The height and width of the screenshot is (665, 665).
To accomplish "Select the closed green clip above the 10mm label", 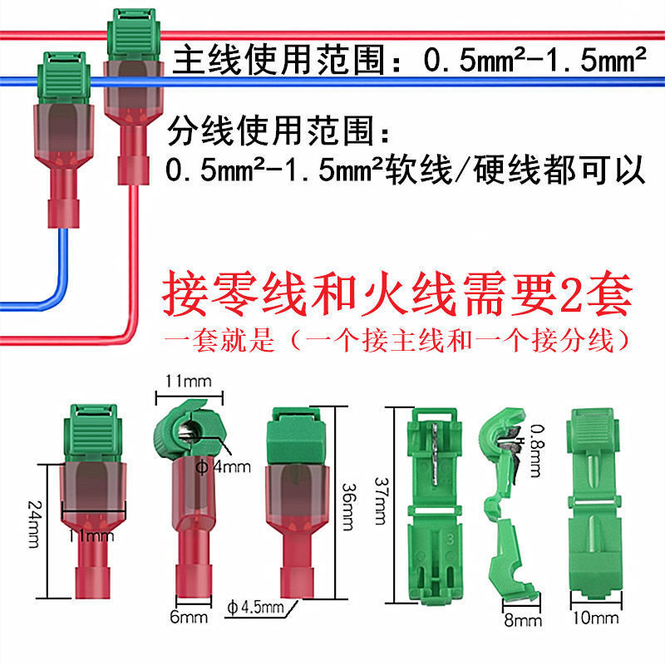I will pos(594,507).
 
